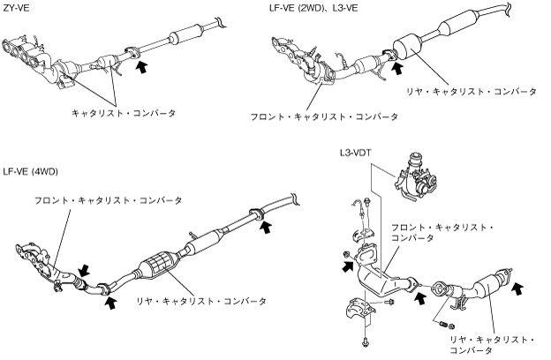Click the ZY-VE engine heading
(16, 8)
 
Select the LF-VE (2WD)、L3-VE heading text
(313, 8)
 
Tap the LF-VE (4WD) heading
(30, 171)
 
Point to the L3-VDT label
(355, 154)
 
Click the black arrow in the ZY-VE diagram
(141, 67)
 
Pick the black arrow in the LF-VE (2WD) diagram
(396, 68)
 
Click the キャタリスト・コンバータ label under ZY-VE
(123, 113)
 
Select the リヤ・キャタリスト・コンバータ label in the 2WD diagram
(472, 92)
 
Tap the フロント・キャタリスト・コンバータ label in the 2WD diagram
(324, 116)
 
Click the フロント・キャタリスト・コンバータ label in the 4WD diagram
(108, 200)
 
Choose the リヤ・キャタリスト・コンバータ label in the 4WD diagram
(201, 301)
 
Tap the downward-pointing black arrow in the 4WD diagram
(84, 270)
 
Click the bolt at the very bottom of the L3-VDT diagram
(366, 341)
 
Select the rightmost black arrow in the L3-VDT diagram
(517, 289)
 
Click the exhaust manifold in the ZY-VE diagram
(26, 56)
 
